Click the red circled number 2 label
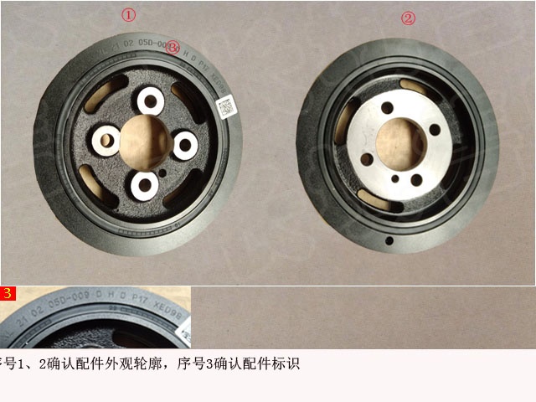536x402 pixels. coord(408,18)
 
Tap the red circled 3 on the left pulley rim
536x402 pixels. coord(173,49)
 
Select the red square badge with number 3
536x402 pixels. coord(8,293)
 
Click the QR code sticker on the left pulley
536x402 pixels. coord(225,108)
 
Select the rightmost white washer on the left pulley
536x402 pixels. coord(183,144)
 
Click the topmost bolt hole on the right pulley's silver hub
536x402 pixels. coord(386,108)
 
